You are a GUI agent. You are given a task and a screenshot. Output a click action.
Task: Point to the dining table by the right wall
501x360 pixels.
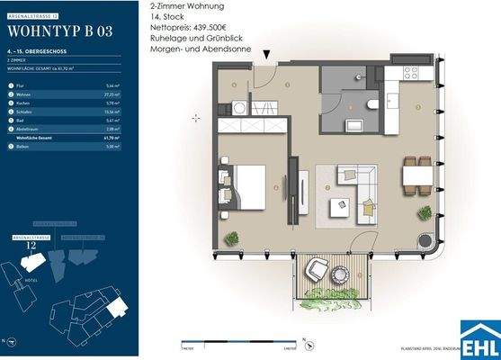[x=415, y=175]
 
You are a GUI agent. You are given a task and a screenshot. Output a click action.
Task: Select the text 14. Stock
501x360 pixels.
[x=167, y=18]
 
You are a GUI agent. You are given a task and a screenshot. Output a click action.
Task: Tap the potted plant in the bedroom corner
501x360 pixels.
[x=232, y=238]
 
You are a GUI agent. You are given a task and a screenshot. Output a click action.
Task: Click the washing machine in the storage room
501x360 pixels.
[x=240, y=107]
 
